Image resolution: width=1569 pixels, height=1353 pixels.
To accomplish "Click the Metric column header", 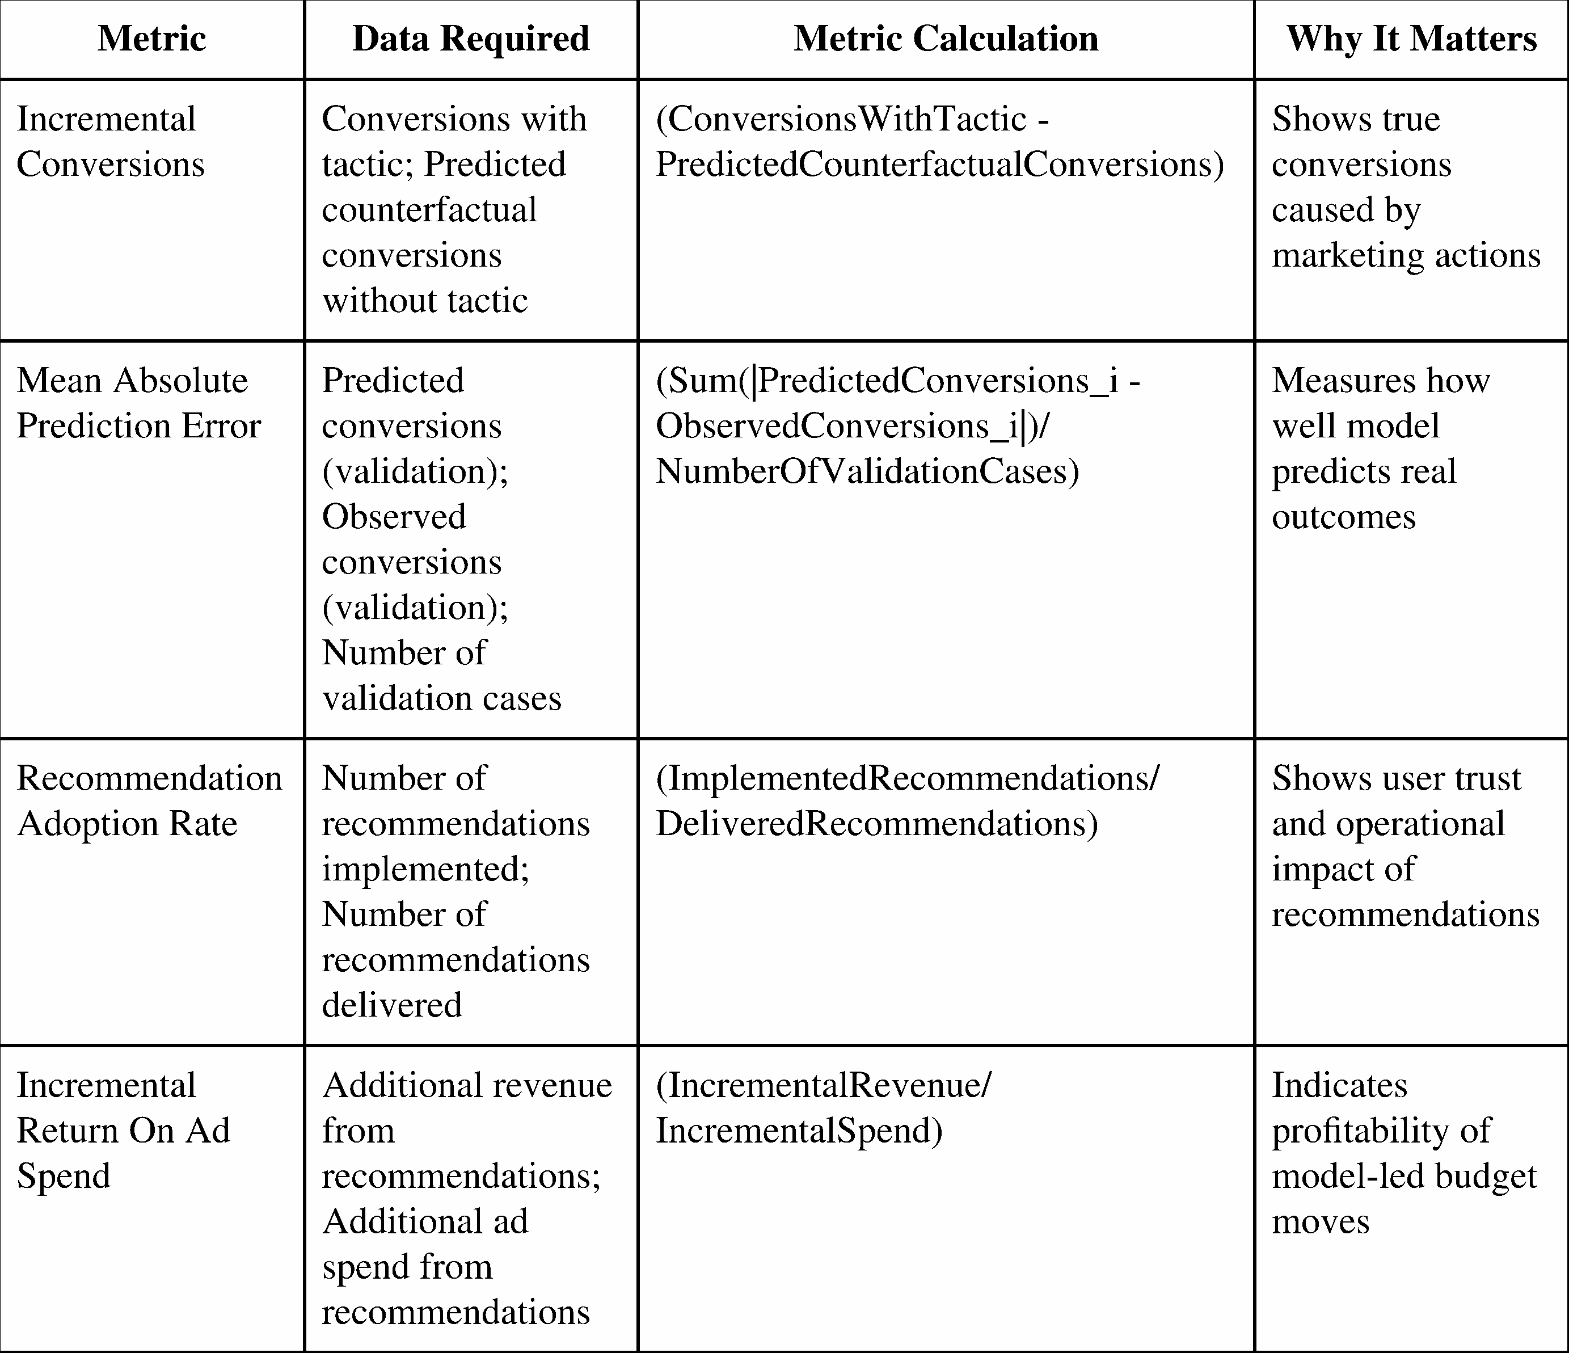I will (151, 39).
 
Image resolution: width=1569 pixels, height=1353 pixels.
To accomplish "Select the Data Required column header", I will (470, 39).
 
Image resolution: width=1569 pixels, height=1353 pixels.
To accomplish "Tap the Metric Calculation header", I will (946, 39).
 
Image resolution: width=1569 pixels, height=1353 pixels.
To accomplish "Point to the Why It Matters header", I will (1411, 39).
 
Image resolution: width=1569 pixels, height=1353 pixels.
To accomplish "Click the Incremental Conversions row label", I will (111, 142).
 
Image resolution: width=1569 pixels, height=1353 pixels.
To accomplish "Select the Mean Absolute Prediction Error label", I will (138, 403).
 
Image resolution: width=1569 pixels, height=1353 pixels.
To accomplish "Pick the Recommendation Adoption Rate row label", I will (149, 800).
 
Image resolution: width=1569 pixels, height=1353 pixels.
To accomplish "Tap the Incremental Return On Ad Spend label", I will (123, 1131).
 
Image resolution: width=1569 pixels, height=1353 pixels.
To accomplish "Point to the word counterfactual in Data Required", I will (429, 210).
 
